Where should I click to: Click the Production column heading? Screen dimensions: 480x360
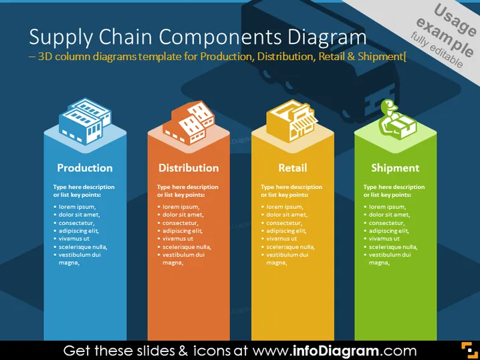85,168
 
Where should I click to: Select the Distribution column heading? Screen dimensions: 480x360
189,168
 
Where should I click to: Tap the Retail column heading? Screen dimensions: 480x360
293,168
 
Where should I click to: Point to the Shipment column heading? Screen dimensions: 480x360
395,168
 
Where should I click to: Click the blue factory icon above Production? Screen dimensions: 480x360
85,121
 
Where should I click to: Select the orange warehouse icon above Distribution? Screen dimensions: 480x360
189,122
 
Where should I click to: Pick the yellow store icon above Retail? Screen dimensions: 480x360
292,121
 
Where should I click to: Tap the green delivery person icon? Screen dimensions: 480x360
397,119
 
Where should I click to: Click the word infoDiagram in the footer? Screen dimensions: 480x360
336,351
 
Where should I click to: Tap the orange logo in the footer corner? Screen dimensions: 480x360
469,350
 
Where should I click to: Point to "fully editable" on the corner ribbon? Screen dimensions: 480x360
437,50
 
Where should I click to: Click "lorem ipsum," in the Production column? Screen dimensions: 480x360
77,207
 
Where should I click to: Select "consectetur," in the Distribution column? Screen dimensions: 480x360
181,223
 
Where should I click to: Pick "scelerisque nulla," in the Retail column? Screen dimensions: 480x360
291,247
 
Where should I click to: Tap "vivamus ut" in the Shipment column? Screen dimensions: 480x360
384,238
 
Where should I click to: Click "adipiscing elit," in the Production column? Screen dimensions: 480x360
79,231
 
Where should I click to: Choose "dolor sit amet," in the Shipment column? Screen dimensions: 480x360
389,214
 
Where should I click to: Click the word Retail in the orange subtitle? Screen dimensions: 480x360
329,57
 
